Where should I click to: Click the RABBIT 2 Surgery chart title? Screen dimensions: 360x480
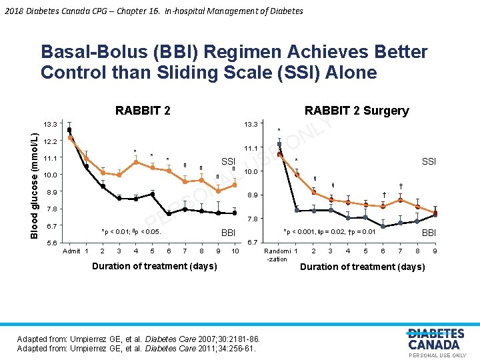coord(356,111)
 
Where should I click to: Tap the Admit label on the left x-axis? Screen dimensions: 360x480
coord(71,251)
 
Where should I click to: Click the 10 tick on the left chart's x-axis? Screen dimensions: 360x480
coord(235,251)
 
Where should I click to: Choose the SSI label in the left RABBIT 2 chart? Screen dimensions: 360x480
coord(228,161)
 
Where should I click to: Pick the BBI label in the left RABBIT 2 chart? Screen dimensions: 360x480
coord(229,233)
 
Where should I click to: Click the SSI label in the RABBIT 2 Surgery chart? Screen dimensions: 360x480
coord(429,162)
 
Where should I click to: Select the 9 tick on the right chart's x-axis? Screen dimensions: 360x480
coord(435,251)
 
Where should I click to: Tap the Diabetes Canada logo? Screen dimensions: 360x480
coord(436,339)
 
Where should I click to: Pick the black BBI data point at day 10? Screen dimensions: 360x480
coord(235,213)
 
